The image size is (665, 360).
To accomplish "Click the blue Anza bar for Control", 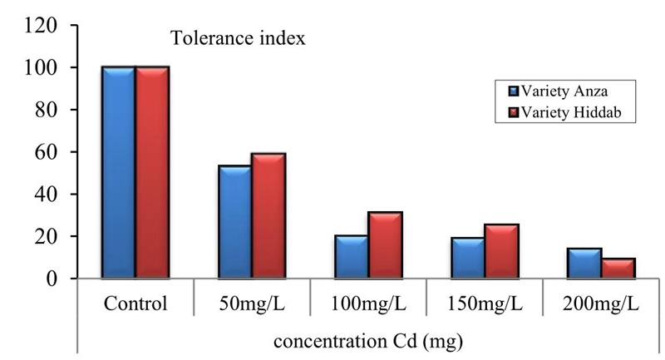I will tap(118, 173).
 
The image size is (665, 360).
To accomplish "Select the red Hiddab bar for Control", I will tap(152, 173).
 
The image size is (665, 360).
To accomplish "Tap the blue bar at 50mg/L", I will tap(234, 222).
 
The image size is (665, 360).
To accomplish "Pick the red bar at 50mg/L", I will tap(268, 216).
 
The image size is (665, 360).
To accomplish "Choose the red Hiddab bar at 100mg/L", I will tap(386, 245).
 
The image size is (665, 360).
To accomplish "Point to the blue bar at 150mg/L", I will tap(468, 258).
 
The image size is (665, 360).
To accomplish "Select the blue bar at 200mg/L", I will tap(584, 263).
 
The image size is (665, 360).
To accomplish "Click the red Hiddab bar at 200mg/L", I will tap(619, 269).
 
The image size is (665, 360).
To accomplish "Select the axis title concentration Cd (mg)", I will tap(368, 338).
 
